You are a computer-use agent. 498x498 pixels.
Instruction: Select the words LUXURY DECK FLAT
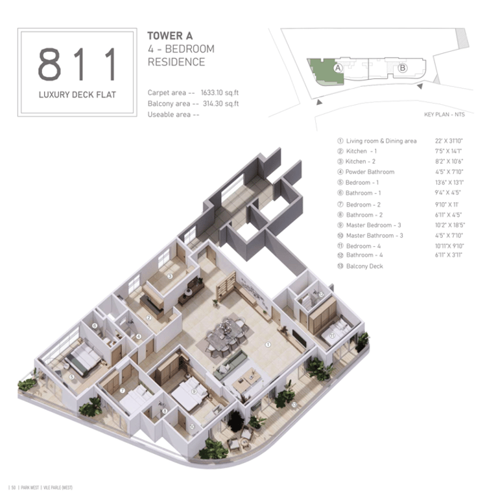coord(77,95)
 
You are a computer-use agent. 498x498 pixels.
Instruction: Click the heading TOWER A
coord(170,36)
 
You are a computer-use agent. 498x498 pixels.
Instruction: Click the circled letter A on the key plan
coord(338,67)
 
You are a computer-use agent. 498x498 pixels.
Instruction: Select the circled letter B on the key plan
coord(402,67)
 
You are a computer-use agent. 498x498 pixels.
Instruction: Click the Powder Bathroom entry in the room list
coord(370,172)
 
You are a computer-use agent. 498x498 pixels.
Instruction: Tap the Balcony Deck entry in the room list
coord(364,266)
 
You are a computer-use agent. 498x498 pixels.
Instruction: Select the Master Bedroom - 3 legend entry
coord(373,225)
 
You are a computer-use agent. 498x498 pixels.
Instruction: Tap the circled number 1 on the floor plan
coord(267,345)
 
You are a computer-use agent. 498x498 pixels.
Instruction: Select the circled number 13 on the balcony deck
coord(295,404)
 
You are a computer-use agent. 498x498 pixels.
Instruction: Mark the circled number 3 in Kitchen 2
coord(169,276)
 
